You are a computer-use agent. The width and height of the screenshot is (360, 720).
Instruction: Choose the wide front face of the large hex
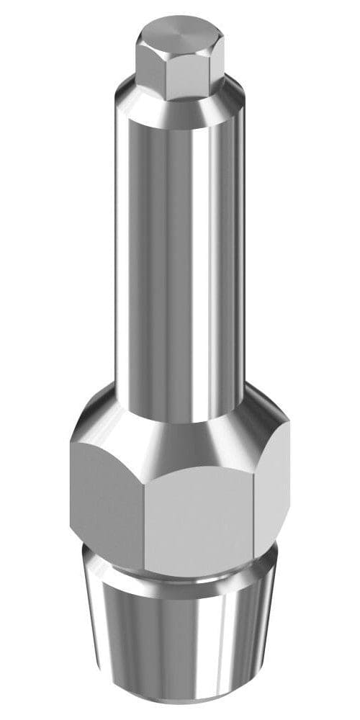[x=198, y=522]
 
